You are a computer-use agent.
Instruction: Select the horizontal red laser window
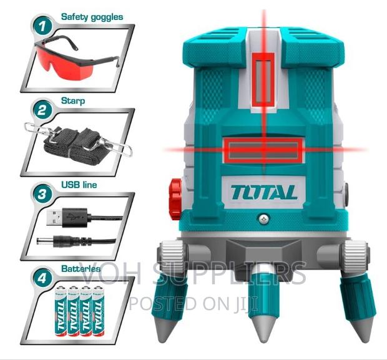coord(263,150)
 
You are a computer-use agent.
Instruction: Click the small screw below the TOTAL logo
coord(264,218)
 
